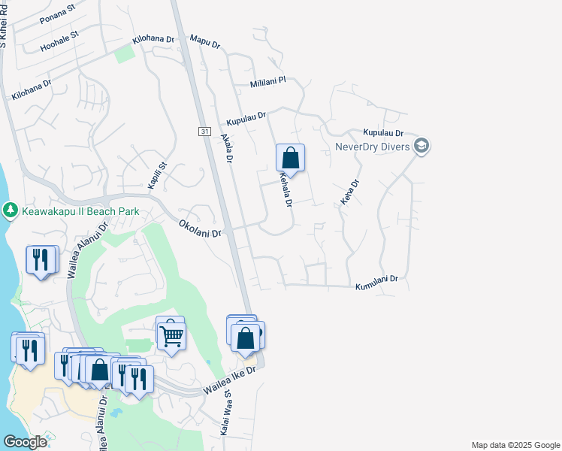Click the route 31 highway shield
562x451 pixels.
(204, 132)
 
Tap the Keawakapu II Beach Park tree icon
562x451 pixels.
(11, 211)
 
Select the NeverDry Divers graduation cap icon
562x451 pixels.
(421, 146)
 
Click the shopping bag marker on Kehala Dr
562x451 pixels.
(290, 159)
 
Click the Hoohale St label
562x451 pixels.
(59, 38)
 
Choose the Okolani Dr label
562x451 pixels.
(201, 229)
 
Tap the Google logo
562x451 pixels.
(26, 442)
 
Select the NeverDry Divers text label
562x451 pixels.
(372, 146)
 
